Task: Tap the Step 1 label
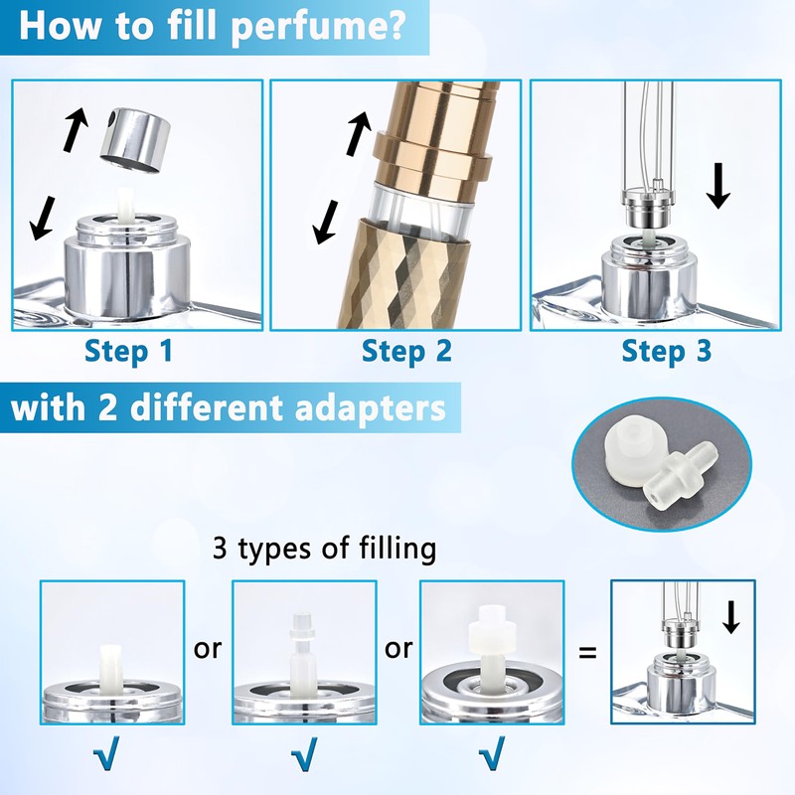point(128,351)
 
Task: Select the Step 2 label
point(405,351)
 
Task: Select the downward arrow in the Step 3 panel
point(716,185)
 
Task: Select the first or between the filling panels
point(208,649)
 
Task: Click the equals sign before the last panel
point(587,654)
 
